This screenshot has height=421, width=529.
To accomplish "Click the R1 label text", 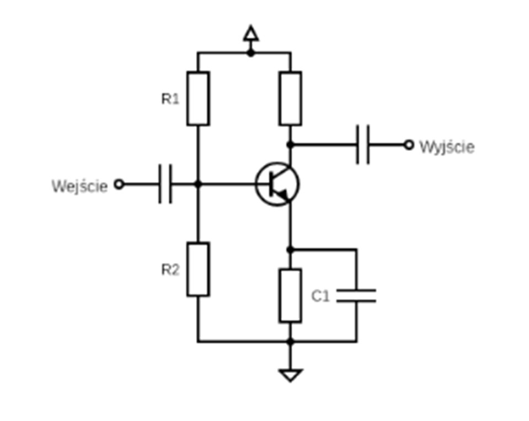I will pyautogui.click(x=170, y=99).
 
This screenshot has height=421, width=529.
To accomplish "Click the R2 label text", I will pyautogui.click(x=170, y=270).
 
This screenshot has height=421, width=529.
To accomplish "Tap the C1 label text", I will pyautogui.click(x=320, y=296).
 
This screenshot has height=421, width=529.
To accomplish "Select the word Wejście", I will pyautogui.click(x=80, y=186).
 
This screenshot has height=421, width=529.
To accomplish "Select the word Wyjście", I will pyautogui.click(x=446, y=147).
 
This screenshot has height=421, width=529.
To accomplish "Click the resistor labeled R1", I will pyautogui.click(x=198, y=99).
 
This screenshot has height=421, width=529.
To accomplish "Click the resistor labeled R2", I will pyautogui.click(x=198, y=269).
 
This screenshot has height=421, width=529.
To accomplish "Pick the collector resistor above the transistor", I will pyautogui.click(x=290, y=99).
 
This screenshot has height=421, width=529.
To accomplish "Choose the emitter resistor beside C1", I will pyautogui.click(x=290, y=295).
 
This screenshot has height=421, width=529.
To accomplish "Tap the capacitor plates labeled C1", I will pyautogui.click(x=356, y=296).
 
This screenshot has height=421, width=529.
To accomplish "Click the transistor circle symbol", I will pyautogui.click(x=277, y=184).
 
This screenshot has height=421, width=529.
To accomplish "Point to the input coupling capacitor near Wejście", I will pyautogui.click(x=165, y=184).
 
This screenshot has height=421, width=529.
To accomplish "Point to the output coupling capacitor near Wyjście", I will pyautogui.click(x=363, y=145).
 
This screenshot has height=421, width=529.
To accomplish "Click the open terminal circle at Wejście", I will pyautogui.click(x=119, y=184).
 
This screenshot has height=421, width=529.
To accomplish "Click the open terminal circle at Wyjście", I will pyautogui.click(x=408, y=145).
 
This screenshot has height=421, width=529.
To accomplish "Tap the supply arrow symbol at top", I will pyautogui.click(x=251, y=34).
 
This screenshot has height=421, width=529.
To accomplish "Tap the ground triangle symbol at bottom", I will pyautogui.click(x=290, y=375).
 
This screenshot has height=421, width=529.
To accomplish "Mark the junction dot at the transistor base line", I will pyautogui.click(x=199, y=184).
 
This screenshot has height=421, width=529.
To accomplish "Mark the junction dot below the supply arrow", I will pyautogui.click(x=251, y=53).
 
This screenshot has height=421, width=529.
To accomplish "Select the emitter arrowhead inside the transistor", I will pyautogui.click(x=283, y=195).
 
